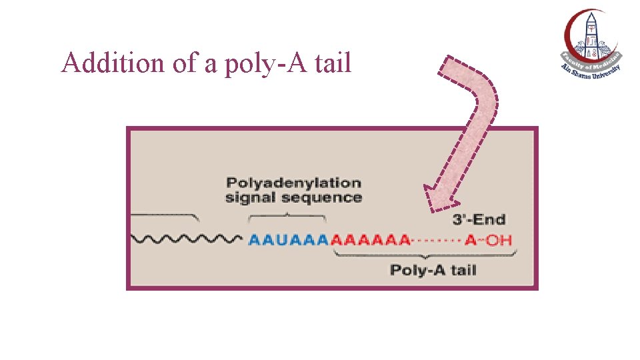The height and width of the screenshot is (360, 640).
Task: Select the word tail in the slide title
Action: click(332, 63)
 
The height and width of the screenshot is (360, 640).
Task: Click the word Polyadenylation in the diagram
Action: click(293, 182)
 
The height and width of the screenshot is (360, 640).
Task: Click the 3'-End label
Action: click(479, 219)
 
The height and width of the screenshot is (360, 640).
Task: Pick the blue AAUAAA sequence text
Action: click(289, 240)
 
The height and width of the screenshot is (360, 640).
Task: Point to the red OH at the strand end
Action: click(499, 240)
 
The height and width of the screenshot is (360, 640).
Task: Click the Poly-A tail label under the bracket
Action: click(433, 270)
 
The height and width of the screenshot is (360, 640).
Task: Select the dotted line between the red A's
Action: click(436, 240)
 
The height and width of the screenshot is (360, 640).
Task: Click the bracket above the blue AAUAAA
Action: click(287, 216)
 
